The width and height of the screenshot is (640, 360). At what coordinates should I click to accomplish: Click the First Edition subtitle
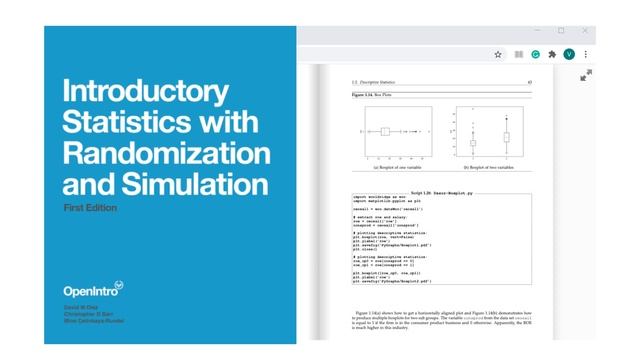click(89, 208)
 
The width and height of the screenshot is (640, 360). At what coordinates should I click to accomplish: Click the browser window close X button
click(588, 31)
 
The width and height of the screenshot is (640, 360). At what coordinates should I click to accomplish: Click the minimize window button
click(532, 31)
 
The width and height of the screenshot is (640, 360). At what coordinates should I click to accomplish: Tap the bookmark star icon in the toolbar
click(498, 54)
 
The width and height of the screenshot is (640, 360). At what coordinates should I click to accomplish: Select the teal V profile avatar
click(569, 54)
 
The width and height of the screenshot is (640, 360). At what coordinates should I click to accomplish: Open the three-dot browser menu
click(586, 54)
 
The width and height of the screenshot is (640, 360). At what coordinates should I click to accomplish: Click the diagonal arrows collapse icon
click(586, 75)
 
